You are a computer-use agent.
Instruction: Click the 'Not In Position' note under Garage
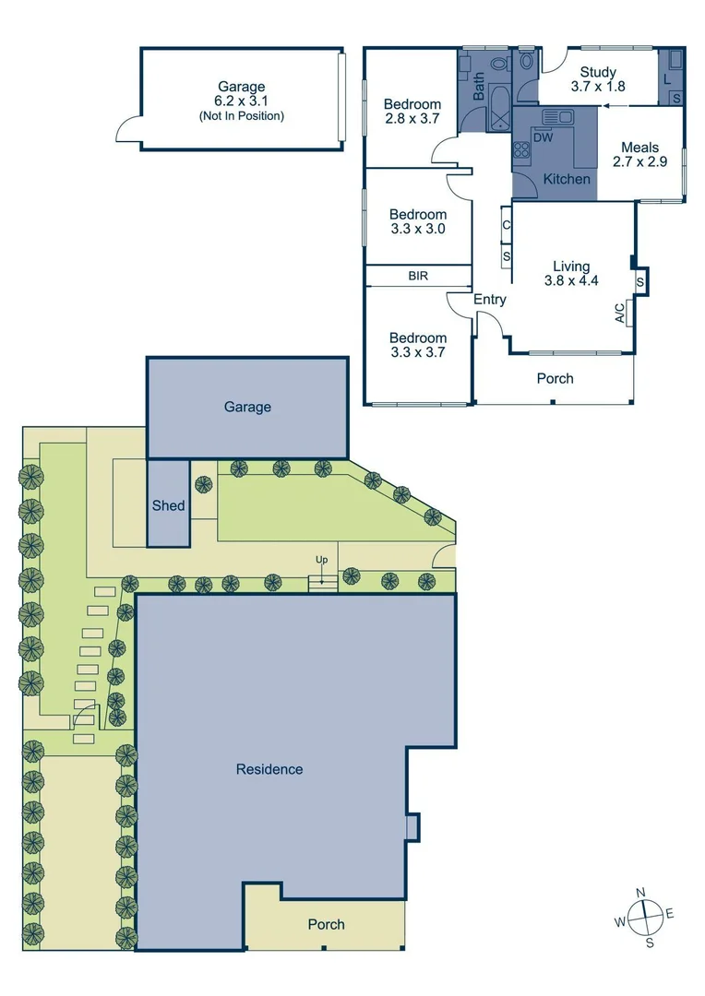tap(241, 116)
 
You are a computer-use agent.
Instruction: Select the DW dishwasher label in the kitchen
tap(544, 137)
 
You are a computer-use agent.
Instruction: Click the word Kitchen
tap(566, 179)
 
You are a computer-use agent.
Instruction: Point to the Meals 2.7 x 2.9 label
tap(639, 154)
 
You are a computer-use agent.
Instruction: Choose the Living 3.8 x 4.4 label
tap(571, 274)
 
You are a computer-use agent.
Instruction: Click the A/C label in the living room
tap(620, 314)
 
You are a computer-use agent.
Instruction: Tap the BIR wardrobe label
tap(418, 276)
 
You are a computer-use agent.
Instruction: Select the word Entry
tap(490, 299)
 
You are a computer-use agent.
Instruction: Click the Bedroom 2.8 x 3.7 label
tap(412, 112)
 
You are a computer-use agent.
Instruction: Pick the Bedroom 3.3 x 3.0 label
tap(418, 221)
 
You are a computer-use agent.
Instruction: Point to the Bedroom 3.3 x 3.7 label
tap(418, 345)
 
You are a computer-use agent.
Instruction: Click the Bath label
tap(479, 88)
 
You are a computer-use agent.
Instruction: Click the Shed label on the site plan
tap(169, 505)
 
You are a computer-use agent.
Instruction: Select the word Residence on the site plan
tap(269, 768)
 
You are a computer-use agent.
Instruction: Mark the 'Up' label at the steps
tap(321, 560)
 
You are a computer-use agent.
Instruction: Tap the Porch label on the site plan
tap(326, 924)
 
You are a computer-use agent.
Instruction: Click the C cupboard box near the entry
tap(507, 224)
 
